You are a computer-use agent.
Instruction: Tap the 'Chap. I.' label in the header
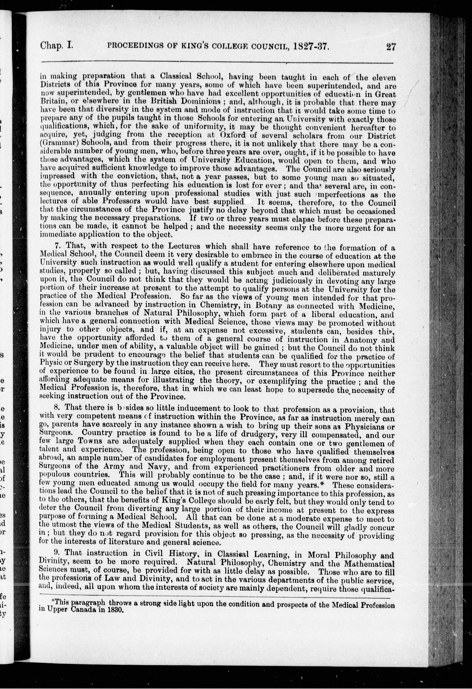[x=57, y=45]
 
